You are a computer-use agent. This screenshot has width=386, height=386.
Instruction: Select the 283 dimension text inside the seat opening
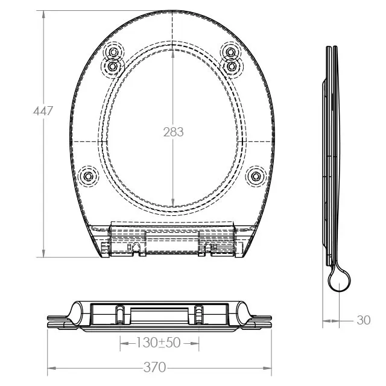173,132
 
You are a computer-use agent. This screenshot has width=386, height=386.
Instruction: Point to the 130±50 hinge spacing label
159,343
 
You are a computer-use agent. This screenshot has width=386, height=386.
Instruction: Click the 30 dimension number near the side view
364,320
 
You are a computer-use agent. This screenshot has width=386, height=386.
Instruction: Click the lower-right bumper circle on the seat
257,176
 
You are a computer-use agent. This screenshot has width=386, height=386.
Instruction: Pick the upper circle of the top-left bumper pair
113,52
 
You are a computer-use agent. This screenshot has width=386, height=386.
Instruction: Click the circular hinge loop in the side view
340,279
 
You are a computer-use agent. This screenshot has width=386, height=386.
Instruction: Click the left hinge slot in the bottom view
120,314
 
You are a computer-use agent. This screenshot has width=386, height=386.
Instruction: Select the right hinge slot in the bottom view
199,314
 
